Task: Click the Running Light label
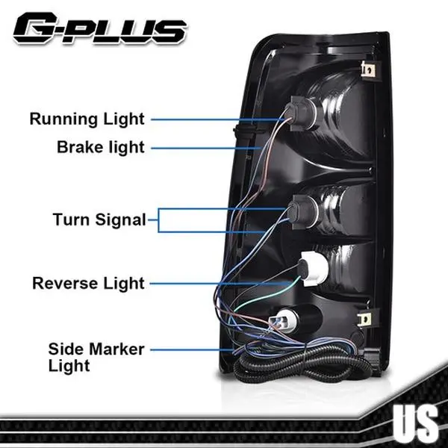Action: pyautogui.click(x=87, y=119)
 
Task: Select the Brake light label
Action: pyautogui.click(x=101, y=147)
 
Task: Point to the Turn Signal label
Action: pyautogui.click(x=99, y=220)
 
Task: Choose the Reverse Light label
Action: pyautogui.click(x=88, y=284)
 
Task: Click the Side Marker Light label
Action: pyautogui.click(x=96, y=357)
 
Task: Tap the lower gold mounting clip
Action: pyautogui.click(x=366, y=319)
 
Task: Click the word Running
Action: pyautogui.click(x=61, y=119)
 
